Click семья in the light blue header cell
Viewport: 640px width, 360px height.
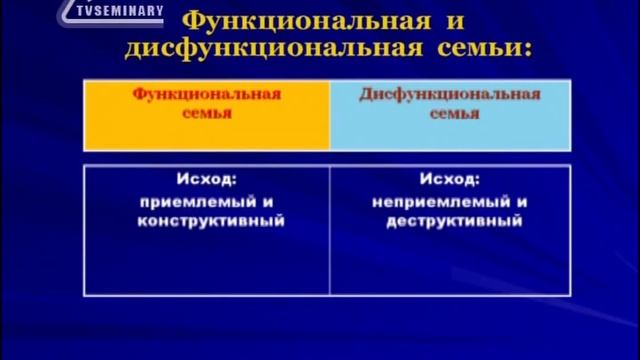[450, 114]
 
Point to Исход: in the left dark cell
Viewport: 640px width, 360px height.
[210, 181]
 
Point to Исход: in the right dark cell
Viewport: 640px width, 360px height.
[450, 181]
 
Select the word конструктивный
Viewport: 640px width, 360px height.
[210, 221]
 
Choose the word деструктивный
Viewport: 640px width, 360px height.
[453, 221]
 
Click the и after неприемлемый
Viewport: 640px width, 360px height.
[522, 201]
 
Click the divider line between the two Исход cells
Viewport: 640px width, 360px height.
[330, 230]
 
